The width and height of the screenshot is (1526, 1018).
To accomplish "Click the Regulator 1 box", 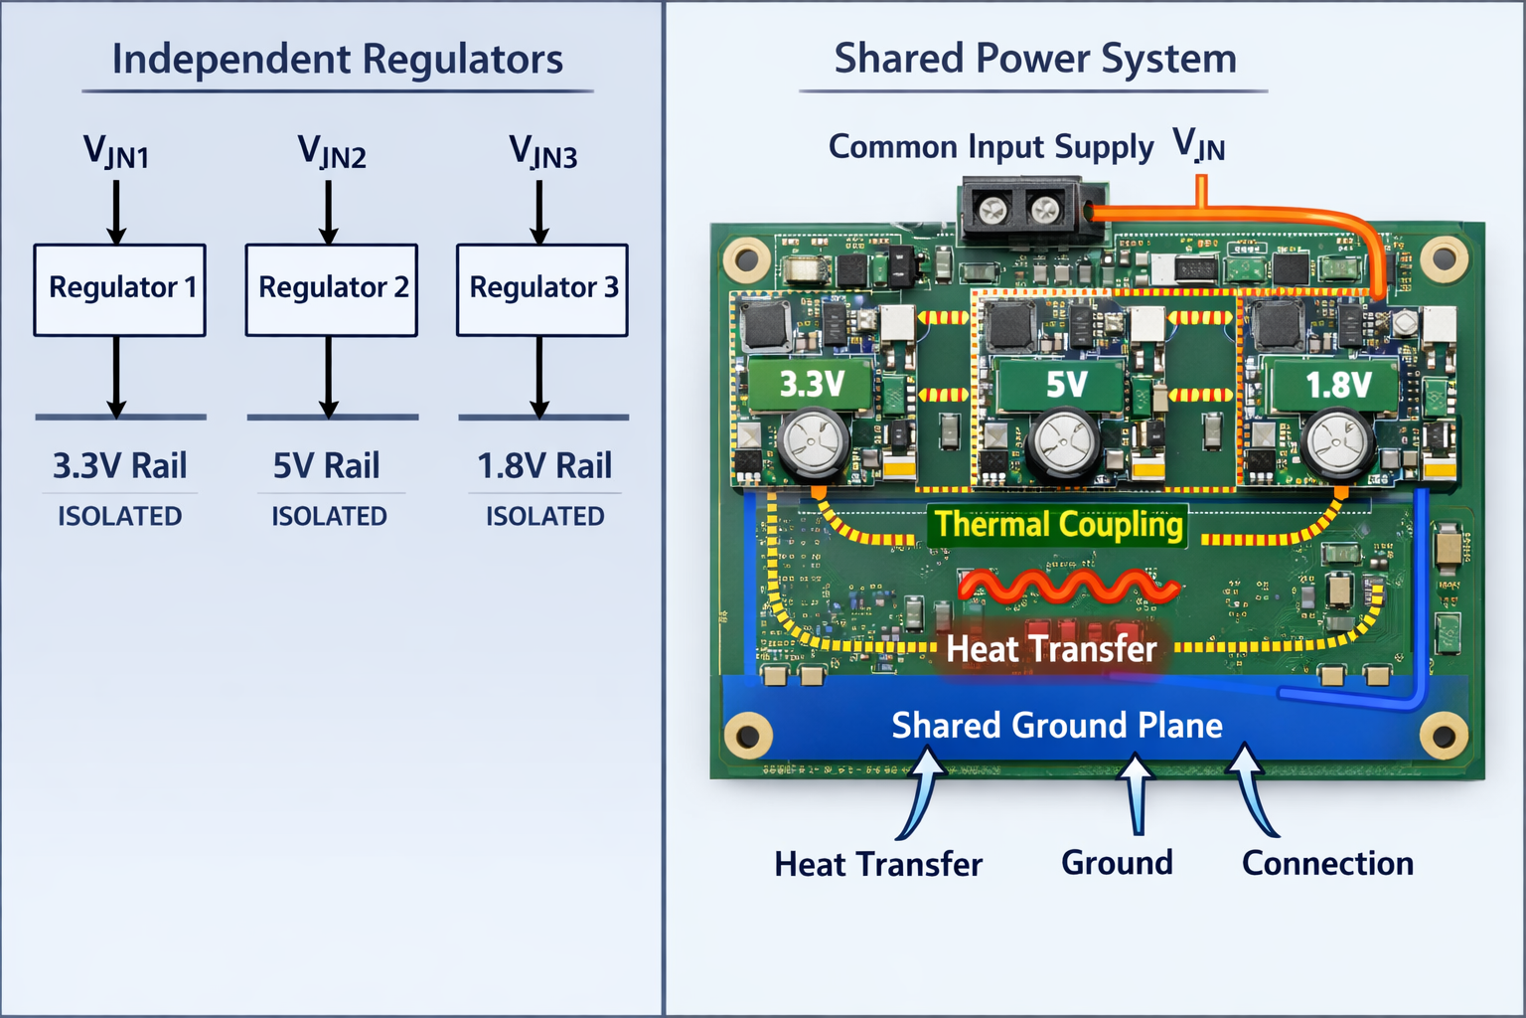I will point(120,289).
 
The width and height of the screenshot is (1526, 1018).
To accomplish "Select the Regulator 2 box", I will point(332,289).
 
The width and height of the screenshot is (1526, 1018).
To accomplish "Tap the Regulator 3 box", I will point(542,289).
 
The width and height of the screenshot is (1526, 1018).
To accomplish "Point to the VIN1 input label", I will point(116,152).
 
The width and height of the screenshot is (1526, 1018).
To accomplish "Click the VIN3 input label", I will point(542,152).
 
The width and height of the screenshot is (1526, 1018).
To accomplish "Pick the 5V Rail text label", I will point(327,465).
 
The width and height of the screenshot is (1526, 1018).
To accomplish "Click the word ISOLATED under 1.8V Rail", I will point(544,516).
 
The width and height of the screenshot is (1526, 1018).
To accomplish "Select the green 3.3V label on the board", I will point(811,384).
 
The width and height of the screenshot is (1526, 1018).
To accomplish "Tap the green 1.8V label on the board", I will point(1337,385).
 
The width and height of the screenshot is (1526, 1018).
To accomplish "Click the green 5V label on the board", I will point(1065,385).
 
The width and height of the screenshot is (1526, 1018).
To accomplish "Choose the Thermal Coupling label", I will point(1059,525).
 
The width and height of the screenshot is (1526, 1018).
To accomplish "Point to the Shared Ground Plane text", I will point(1057,726).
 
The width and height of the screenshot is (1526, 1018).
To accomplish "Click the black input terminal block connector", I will point(1021,210).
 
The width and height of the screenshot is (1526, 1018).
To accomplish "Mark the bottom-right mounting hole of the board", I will point(1443,737).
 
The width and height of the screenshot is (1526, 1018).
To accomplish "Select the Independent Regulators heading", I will point(338,60).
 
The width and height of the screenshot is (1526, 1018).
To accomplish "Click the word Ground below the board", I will point(1117,863).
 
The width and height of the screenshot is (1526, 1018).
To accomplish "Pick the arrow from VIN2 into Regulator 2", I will point(329,211).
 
